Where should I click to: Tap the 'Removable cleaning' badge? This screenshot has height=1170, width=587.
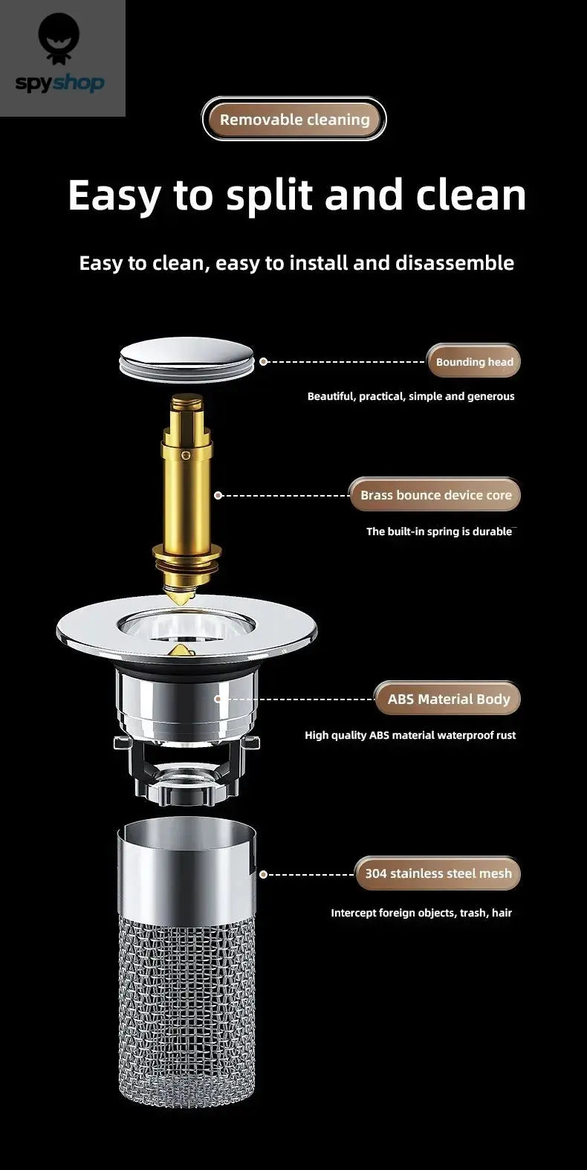click(x=294, y=120)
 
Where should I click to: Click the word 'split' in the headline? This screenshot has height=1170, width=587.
click(x=270, y=195)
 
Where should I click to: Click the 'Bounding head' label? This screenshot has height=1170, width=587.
click(x=474, y=362)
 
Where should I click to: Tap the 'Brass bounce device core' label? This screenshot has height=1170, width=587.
click(x=435, y=495)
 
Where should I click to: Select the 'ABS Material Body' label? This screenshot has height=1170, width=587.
click(x=448, y=699)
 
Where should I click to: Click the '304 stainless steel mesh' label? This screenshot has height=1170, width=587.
click(x=438, y=873)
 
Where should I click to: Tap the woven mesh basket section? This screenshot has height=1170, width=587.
click(x=187, y=1003)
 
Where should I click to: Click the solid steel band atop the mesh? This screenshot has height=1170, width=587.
click(x=187, y=870)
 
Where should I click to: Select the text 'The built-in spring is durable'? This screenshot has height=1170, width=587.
click(x=438, y=531)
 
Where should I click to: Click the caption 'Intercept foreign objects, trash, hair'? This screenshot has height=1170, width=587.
click(x=421, y=913)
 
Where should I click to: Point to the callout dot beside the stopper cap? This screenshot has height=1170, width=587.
click(x=263, y=362)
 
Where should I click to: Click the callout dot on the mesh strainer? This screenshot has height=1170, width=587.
click(x=262, y=874)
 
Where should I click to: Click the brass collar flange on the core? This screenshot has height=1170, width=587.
click(x=187, y=552)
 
